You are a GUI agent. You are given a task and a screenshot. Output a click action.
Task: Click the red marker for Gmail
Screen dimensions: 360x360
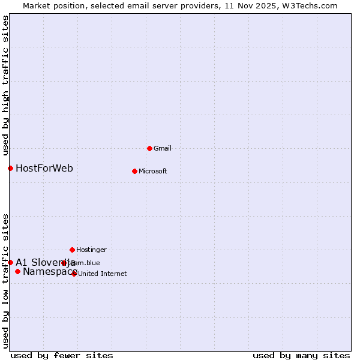point(149,148)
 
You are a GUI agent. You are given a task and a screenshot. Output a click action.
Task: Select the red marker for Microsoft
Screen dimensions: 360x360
point(134,171)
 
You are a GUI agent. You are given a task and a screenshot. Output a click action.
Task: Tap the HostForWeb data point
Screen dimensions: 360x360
point(10,168)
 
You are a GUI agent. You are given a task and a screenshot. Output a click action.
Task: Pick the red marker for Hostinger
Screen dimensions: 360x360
point(72,250)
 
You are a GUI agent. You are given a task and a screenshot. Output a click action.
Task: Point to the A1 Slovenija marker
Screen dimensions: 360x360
point(10,262)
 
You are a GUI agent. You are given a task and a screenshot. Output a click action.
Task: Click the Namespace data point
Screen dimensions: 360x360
point(17,272)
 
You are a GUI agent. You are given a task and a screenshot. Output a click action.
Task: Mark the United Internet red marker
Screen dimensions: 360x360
point(74,274)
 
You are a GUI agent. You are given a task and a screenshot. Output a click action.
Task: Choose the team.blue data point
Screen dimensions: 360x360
point(64,263)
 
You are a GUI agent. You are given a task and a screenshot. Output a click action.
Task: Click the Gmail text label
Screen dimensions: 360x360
point(163,148)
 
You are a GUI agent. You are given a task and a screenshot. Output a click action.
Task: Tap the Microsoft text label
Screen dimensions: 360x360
point(153,171)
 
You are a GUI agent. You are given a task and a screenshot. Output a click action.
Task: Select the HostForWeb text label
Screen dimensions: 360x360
point(44,168)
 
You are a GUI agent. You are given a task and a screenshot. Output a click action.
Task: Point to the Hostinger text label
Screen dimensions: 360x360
point(91,250)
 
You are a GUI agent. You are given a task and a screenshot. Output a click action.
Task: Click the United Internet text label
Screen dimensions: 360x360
point(103,274)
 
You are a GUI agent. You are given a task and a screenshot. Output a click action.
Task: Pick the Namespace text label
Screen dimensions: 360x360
point(49,272)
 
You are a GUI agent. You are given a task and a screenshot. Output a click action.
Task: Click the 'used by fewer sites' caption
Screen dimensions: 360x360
point(62,355)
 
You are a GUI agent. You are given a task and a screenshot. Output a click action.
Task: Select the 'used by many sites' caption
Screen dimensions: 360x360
point(301,355)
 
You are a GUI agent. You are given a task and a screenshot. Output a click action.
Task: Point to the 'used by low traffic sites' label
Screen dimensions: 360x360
point(6,280)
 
